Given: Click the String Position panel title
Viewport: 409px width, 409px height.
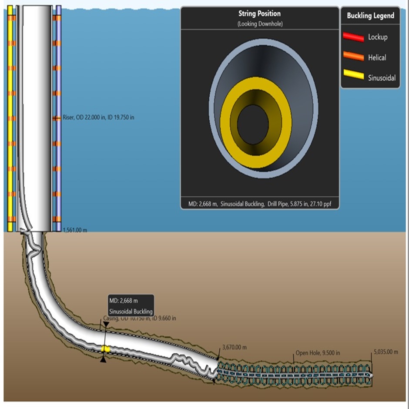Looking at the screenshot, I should pyautogui.click(x=260, y=14).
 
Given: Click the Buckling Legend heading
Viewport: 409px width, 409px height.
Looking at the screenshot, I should pyautogui.click(x=370, y=16).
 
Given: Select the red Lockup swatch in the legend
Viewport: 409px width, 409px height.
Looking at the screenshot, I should pyautogui.click(x=353, y=37).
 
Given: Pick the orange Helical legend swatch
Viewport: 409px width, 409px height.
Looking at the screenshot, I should pyautogui.click(x=353, y=57).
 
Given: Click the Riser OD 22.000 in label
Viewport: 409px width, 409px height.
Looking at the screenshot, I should pyautogui.click(x=98, y=117).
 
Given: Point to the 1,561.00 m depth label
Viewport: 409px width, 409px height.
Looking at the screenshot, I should pyautogui.click(x=75, y=230).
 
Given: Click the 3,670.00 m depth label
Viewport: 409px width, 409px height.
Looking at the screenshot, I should pyautogui.click(x=234, y=347).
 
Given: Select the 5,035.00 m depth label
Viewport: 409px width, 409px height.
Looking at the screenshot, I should pyautogui.click(x=386, y=352).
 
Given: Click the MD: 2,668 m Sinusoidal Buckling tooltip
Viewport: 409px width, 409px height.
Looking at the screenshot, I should pyautogui.click(x=131, y=306).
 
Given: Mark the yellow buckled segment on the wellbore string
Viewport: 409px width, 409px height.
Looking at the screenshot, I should pyautogui.click(x=105, y=349).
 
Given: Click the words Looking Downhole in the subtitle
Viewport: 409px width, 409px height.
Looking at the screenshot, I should pyautogui.click(x=260, y=24).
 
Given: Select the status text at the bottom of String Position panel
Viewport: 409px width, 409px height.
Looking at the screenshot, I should pyautogui.click(x=260, y=204).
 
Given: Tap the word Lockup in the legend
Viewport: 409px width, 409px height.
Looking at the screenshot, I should pyautogui.click(x=378, y=37).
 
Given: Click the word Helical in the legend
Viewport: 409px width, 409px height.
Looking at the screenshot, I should pyautogui.click(x=377, y=57).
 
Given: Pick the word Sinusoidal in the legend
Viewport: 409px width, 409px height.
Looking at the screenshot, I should pyautogui.click(x=382, y=78).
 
